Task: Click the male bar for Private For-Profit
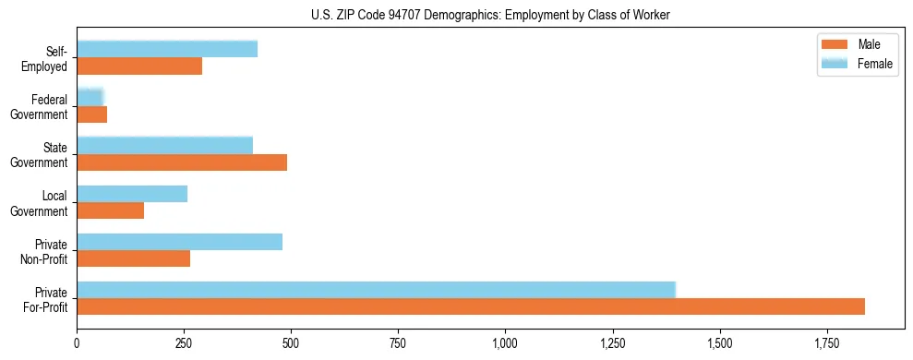click(x=471, y=306)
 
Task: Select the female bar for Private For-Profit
click(x=377, y=290)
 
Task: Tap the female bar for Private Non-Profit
click(x=180, y=242)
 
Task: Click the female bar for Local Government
click(x=132, y=194)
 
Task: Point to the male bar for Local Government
click(x=111, y=210)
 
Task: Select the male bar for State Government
click(x=182, y=162)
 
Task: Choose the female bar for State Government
click(x=165, y=145)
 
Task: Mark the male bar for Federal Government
click(x=92, y=114)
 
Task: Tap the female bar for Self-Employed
click(x=167, y=49)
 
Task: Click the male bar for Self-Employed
click(x=139, y=66)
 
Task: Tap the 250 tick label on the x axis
click(x=184, y=343)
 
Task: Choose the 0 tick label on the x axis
click(x=77, y=343)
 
